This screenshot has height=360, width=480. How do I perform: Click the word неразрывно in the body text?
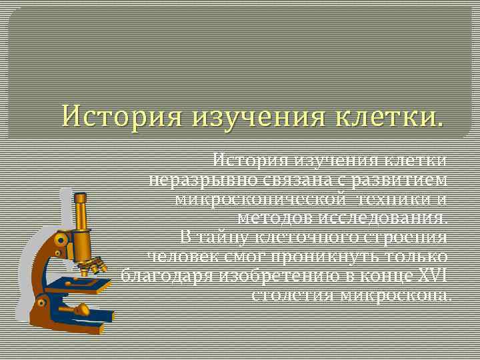(x=193, y=181)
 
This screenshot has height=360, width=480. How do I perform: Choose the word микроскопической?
(x=260, y=199)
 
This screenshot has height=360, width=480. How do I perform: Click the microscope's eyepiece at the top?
(x=81, y=199)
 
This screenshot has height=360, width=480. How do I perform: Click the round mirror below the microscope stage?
(x=81, y=309)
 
